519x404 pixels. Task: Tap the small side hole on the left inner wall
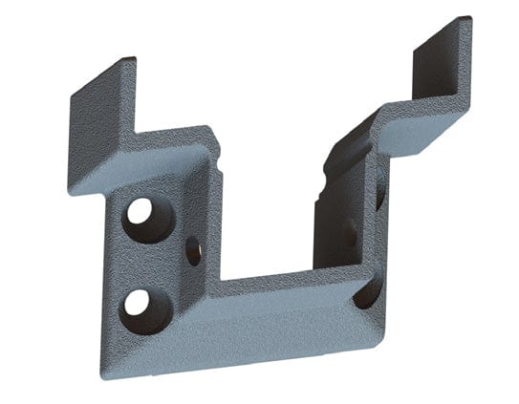(193, 251)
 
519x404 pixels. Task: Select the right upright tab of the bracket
(442, 67)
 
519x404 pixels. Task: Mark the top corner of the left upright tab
(131, 59)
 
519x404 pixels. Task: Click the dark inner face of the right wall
(335, 220)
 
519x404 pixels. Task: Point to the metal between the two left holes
(140, 258)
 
